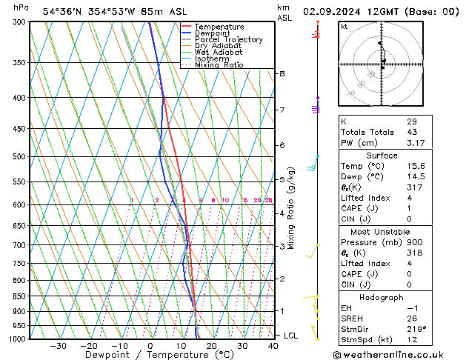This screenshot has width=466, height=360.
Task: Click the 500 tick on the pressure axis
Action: [19, 156]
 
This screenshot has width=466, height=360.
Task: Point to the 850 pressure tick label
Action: [19, 296]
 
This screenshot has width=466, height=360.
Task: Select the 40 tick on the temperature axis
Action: [273, 345]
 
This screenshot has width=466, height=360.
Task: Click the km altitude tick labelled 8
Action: [282, 74]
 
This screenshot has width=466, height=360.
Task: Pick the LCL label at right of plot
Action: [290, 336]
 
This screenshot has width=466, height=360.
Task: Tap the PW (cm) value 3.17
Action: [415, 143]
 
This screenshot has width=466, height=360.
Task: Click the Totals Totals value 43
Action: [411, 132]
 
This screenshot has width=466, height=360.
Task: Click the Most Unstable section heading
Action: [382, 232]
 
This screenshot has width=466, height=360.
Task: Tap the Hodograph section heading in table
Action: [382, 297]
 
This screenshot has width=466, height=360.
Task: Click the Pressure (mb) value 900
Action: [414, 242]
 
